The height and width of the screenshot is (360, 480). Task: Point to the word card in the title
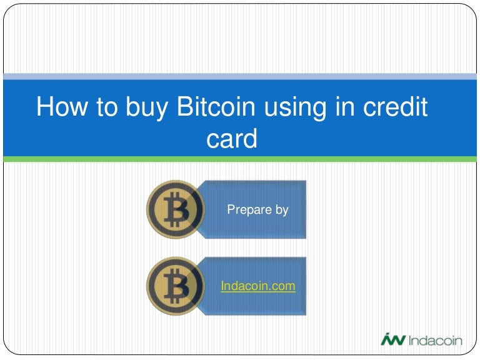click(x=231, y=139)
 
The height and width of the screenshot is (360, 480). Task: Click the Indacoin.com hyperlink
click(x=257, y=286)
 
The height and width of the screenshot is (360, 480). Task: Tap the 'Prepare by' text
click(x=257, y=210)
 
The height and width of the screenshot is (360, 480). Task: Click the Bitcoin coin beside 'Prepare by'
click(x=175, y=209)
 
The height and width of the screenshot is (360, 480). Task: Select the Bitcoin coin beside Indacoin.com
click(x=175, y=286)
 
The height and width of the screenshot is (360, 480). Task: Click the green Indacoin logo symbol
click(x=392, y=339)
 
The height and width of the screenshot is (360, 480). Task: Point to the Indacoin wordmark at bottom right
click(x=435, y=340)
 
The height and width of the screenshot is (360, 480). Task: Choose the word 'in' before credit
click(x=339, y=107)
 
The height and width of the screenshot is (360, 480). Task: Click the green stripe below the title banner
click(x=240, y=159)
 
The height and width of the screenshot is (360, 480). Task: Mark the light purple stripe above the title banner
click(x=240, y=76)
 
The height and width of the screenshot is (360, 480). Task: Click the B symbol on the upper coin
click(x=177, y=209)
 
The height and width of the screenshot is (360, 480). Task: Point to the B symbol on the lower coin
click(x=177, y=286)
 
